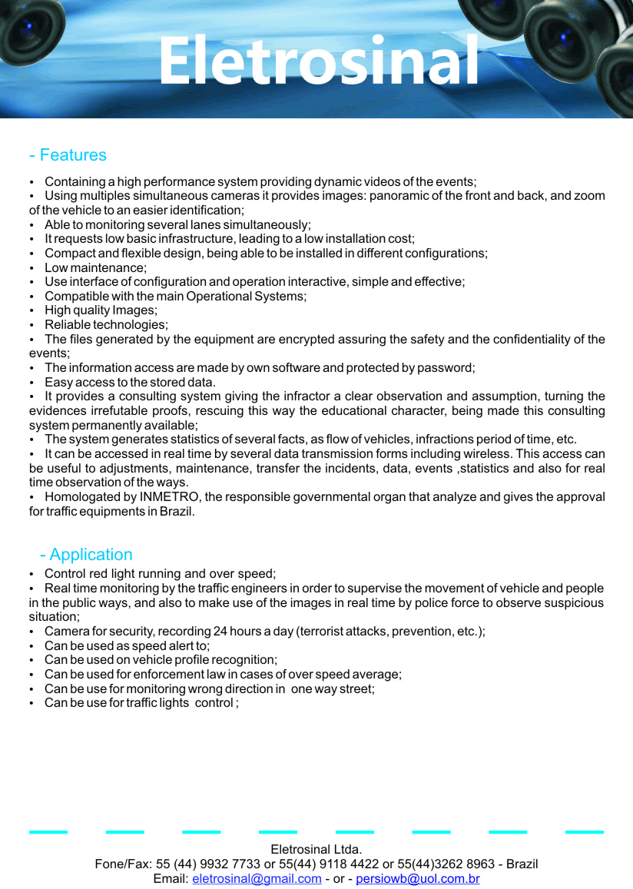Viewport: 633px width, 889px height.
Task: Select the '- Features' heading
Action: [68, 155]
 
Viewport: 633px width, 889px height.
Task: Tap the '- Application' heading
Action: [85, 555]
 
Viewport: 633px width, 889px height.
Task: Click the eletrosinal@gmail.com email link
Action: [257, 879]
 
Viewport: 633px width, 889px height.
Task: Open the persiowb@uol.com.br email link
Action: [418, 879]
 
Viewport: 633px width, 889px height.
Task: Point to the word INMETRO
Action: [165, 497]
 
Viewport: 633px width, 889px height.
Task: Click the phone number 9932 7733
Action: [227, 864]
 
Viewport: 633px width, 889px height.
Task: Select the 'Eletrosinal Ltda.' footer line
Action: [316, 850]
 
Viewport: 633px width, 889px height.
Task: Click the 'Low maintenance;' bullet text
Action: [95, 267]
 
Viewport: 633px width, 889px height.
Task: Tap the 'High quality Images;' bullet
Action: [101, 310]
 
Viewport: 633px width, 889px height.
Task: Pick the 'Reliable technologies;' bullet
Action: [106, 325]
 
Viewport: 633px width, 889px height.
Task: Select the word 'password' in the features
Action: [447, 368]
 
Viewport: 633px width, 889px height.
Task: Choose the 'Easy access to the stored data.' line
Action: [130, 383]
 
